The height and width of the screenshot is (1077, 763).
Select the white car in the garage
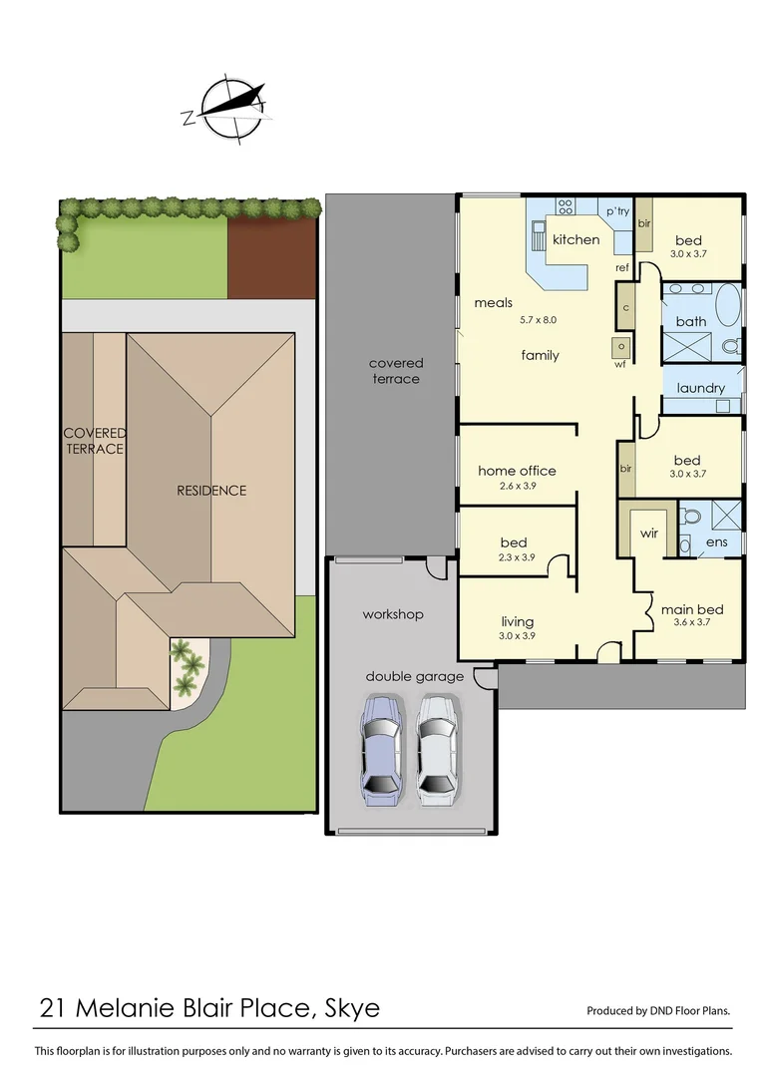coord(437,749)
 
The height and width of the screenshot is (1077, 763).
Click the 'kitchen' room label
coord(575,239)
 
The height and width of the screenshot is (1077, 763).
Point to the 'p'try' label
coord(618,211)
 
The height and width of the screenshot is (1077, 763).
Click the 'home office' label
coord(517,471)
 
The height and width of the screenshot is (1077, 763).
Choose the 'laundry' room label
coord(700,388)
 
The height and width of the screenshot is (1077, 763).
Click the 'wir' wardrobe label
coord(649,534)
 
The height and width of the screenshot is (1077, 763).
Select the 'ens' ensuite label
coord(717,541)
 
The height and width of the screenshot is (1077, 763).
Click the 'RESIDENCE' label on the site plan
coord(211,491)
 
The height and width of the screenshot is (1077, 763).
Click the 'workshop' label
coord(393,614)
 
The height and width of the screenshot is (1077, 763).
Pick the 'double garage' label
coord(414,676)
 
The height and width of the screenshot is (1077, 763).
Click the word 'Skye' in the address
coord(352,1008)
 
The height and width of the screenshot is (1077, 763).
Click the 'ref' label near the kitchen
coord(621,267)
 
